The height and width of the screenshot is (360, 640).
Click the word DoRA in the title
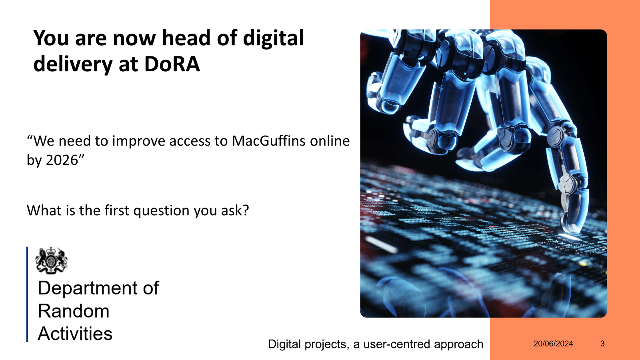[172, 64]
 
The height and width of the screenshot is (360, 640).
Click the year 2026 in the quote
[62, 160]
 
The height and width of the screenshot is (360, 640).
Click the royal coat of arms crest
[51, 260]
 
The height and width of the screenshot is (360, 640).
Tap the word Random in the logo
[74, 311]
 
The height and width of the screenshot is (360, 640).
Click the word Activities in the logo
[75, 334]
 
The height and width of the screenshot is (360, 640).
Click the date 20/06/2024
[553, 344]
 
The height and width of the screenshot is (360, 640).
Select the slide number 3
[602, 344]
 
